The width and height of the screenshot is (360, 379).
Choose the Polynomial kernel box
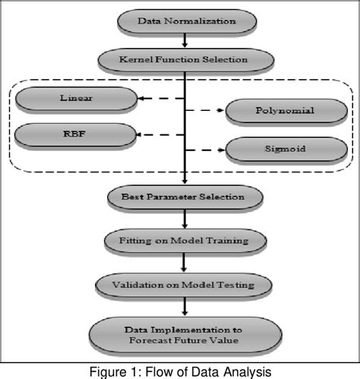point(285,112)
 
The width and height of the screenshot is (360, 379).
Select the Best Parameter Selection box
point(185,197)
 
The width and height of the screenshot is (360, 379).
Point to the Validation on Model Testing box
point(185,286)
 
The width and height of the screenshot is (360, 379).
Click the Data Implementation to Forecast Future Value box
point(185,333)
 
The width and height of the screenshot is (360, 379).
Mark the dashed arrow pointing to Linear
point(160,97)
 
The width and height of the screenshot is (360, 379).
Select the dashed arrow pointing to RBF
point(160,136)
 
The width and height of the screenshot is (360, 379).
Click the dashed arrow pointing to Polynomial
point(206,112)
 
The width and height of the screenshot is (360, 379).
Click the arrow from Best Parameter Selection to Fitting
point(185,220)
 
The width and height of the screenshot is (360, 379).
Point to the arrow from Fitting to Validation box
point(185,264)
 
